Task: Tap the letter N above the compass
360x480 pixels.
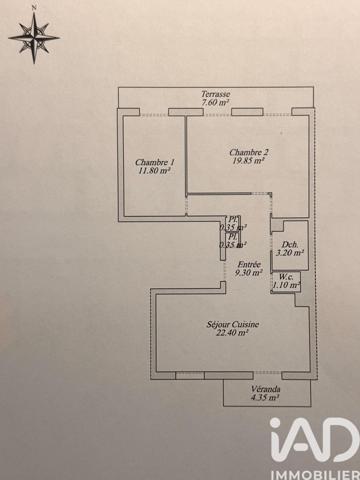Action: (33, 8)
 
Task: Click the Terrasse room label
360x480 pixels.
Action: (215, 93)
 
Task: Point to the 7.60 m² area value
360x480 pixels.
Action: (215, 102)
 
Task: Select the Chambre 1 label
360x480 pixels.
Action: (154, 162)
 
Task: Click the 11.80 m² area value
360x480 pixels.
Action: (154, 171)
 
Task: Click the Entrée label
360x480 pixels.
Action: (249, 262)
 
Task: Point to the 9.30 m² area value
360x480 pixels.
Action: (249, 271)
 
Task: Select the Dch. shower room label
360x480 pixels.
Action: (290, 245)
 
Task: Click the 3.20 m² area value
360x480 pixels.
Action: (290, 254)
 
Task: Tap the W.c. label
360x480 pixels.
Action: (287, 277)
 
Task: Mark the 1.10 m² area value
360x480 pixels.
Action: (287, 286)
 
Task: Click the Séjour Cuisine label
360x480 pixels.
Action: (230, 325)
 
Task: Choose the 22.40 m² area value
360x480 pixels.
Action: (230, 334)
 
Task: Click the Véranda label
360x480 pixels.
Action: (265, 388)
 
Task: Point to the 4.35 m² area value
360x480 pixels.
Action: (265, 397)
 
